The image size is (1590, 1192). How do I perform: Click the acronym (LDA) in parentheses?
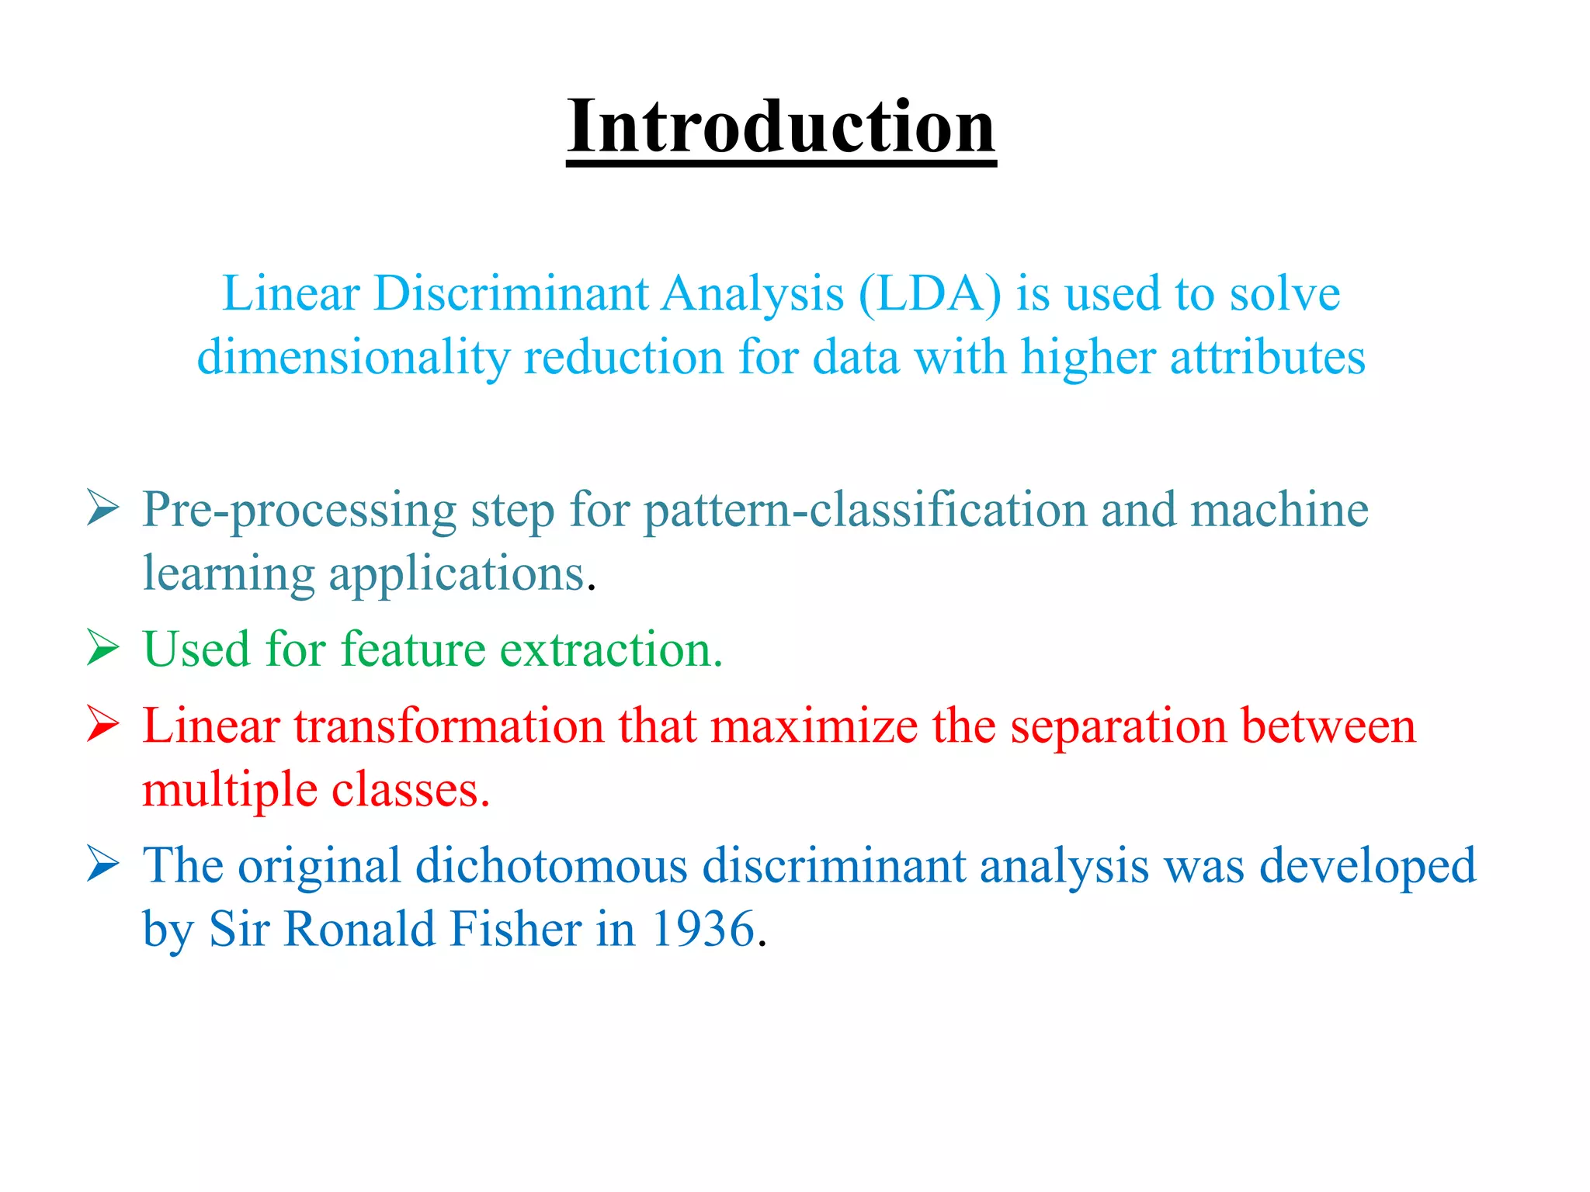[x=929, y=295]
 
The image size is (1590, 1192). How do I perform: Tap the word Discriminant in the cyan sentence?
[x=510, y=295]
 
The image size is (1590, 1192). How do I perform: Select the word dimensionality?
[x=353, y=359]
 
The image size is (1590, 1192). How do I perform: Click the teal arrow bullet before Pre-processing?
[x=102, y=509]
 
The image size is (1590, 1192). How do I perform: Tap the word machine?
[x=1279, y=511]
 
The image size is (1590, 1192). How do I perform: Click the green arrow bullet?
[x=102, y=648]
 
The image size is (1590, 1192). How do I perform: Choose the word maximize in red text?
[x=814, y=727]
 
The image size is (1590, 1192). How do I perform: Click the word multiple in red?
[x=230, y=792]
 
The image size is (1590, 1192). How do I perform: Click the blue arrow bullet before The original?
[x=102, y=864]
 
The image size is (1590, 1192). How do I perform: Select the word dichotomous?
[x=551, y=866]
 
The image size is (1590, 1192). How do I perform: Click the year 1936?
[x=703, y=930]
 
